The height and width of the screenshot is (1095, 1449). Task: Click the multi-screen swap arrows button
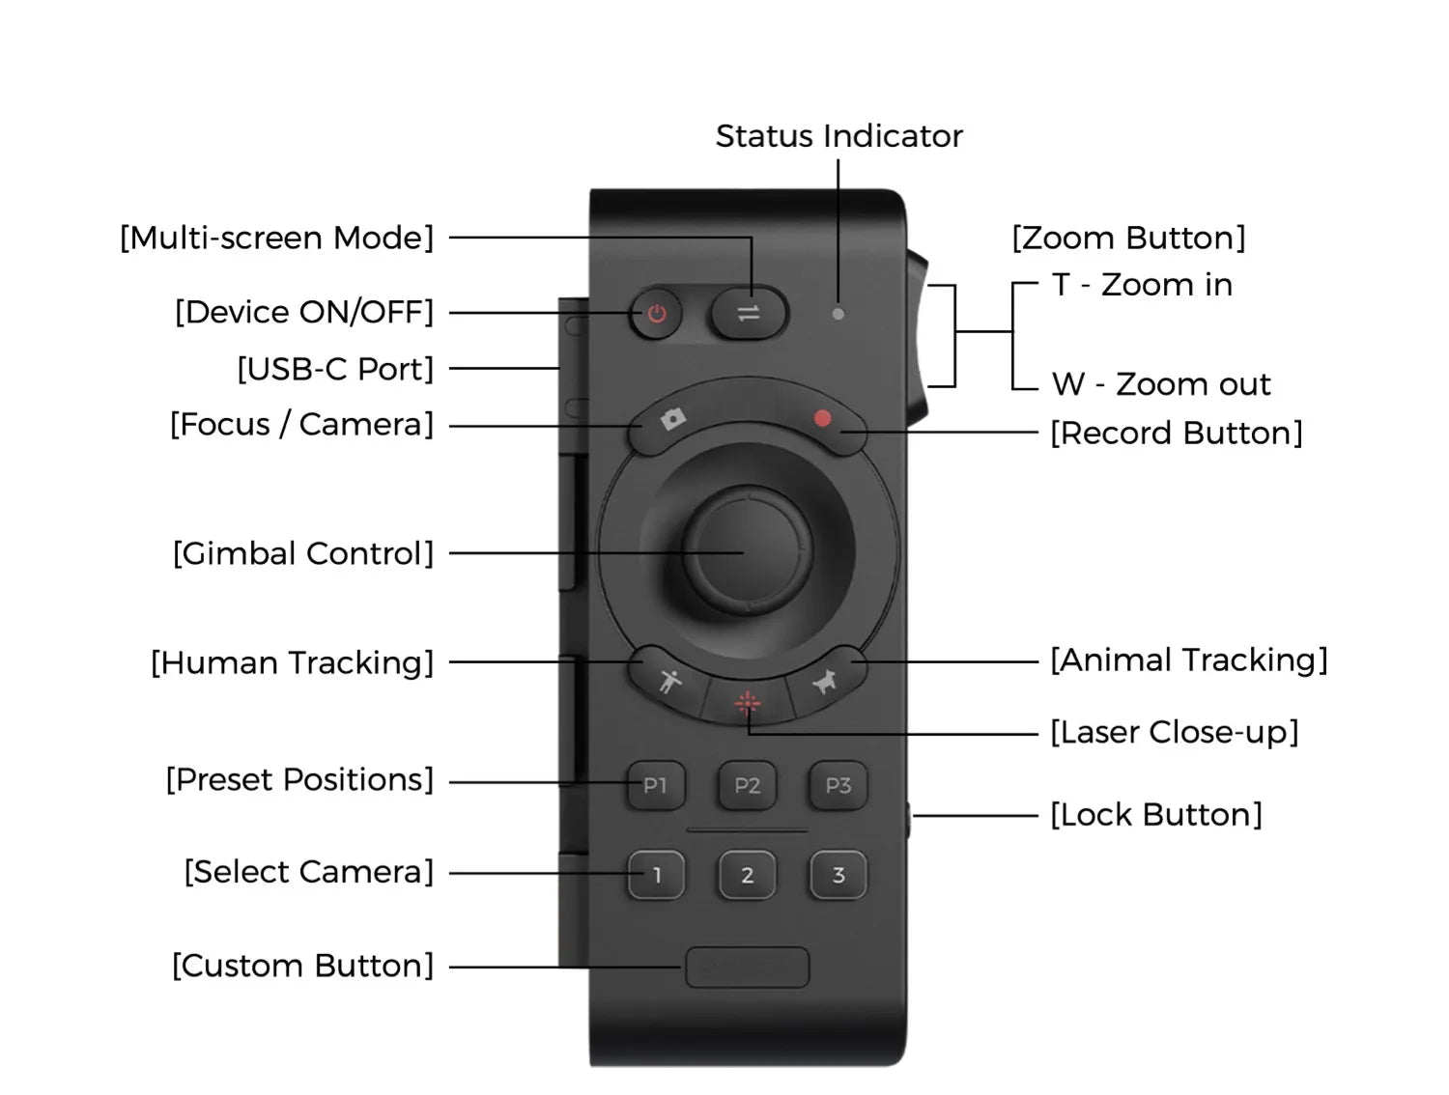pyautogui.click(x=749, y=313)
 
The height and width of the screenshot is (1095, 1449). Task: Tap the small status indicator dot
pyautogui.click(x=838, y=314)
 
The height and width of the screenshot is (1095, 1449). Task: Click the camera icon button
pyautogui.click(x=672, y=418)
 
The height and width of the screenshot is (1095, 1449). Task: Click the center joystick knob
pyautogui.click(x=747, y=551)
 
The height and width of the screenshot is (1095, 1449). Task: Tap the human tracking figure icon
pyautogui.click(x=668, y=681)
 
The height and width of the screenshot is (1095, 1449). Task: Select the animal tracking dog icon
pyautogui.click(x=825, y=682)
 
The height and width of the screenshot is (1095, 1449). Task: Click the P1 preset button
pyautogui.click(x=656, y=786)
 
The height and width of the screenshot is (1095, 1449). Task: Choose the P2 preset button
pyautogui.click(x=747, y=786)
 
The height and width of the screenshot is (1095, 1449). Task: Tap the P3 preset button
pyautogui.click(x=838, y=786)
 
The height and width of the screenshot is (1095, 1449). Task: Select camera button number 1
pyautogui.click(x=657, y=876)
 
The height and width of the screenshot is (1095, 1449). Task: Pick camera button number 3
pyautogui.click(x=838, y=876)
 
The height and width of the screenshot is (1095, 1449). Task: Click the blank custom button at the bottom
pyautogui.click(x=747, y=967)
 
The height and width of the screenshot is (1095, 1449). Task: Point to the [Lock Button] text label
pyautogui.click(x=1156, y=815)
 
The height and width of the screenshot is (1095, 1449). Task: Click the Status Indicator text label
pyautogui.click(x=838, y=136)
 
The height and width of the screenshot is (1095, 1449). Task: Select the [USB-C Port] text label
pyautogui.click(x=335, y=369)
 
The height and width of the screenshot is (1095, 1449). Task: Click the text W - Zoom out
pyautogui.click(x=1161, y=384)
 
